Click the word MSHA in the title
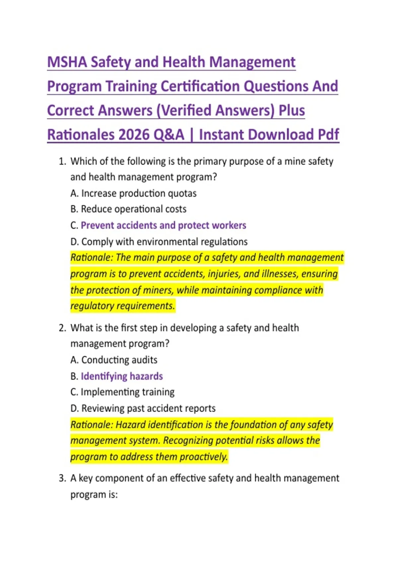tap(67, 62)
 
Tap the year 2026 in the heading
tap(134, 135)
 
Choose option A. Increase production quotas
tap(133, 193)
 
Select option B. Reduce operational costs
tap(128, 209)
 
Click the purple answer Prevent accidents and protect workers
tap(164, 225)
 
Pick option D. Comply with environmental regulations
tap(159, 242)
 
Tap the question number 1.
tap(62, 161)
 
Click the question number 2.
tap(62, 328)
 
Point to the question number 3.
tap(62, 478)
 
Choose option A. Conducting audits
tap(114, 360)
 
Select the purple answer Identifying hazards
tap(122, 376)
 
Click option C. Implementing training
tap(122, 392)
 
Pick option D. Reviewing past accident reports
tap(143, 408)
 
